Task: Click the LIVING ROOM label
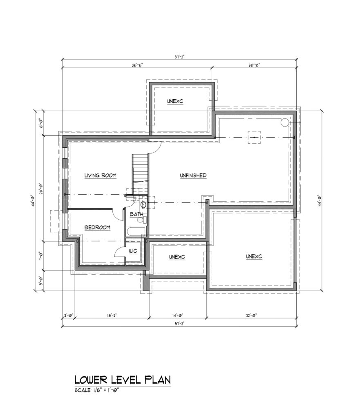click(x=101, y=176)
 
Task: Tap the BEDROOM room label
click(x=97, y=227)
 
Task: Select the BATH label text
click(x=136, y=214)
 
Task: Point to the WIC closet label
click(x=133, y=251)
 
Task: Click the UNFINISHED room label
click(x=193, y=176)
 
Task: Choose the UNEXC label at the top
click(x=175, y=101)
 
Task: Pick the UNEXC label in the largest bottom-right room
click(x=254, y=256)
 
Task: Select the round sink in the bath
click(x=143, y=205)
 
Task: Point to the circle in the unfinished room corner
click(x=284, y=122)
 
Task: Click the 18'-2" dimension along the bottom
click(x=111, y=315)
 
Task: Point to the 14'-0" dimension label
click(x=177, y=315)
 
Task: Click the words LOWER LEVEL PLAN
click(x=123, y=380)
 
